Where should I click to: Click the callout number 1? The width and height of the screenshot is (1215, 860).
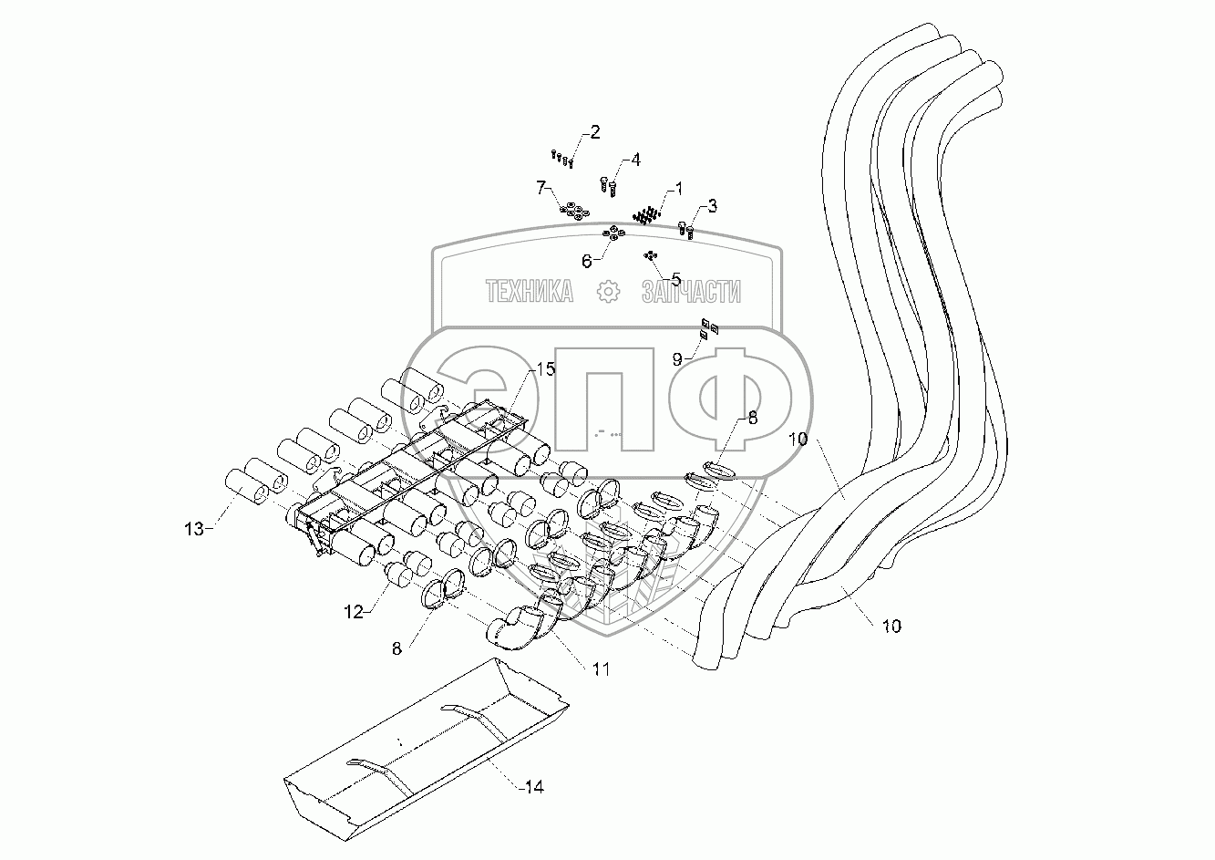pyautogui.click(x=676, y=190)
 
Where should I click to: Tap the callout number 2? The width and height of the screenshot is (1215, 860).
pyautogui.click(x=594, y=133)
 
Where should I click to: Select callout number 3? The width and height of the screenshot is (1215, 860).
pyautogui.click(x=712, y=207)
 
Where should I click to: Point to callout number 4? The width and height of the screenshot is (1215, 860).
pyautogui.click(x=634, y=160)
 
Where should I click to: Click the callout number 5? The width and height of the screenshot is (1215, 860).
pyautogui.click(x=675, y=277)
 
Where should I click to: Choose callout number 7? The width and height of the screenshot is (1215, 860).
pyautogui.click(x=541, y=188)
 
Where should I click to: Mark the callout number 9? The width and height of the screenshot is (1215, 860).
pyautogui.click(x=677, y=359)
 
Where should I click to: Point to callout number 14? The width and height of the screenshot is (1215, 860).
pyautogui.click(x=534, y=786)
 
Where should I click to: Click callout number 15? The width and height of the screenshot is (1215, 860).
pyautogui.click(x=545, y=369)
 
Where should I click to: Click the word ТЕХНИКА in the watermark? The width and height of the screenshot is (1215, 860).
pyautogui.click(x=530, y=292)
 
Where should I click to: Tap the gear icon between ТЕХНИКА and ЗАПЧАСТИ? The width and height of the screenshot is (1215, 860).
pyautogui.click(x=607, y=292)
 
